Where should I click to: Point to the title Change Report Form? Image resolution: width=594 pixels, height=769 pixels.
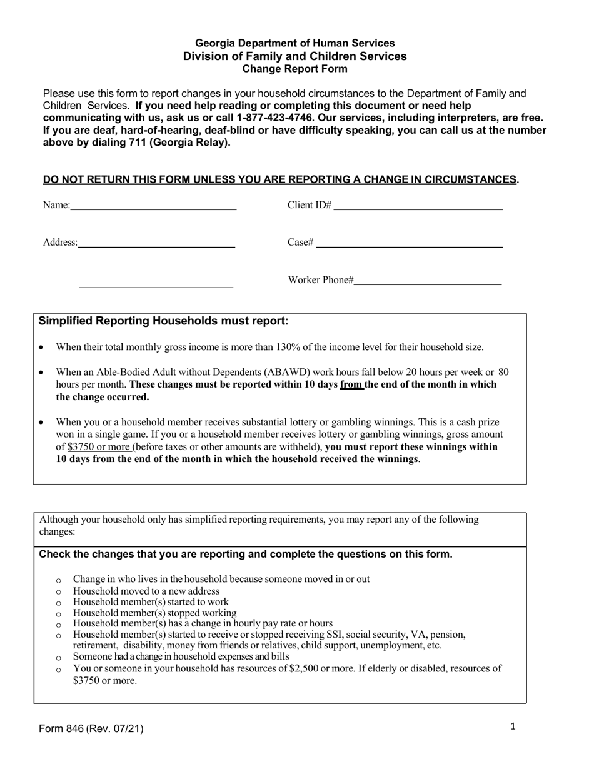click(x=294, y=69)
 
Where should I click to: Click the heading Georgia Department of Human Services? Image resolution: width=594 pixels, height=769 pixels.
click(x=294, y=43)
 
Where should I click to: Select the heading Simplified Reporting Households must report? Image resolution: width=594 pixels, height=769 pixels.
click(x=163, y=321)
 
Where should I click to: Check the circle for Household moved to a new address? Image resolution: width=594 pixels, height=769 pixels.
click(x=59, y=591)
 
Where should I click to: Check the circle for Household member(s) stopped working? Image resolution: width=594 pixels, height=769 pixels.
click(x=59, y=614)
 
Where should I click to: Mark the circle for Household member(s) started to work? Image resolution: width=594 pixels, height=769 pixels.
click(x=59, y=603)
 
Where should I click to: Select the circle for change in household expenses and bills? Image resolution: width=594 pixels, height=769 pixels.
click(x=59, y=658)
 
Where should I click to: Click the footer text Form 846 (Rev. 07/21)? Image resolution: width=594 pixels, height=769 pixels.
click(x=91, y=728)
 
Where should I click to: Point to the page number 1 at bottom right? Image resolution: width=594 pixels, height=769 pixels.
click(x=513, y=726)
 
